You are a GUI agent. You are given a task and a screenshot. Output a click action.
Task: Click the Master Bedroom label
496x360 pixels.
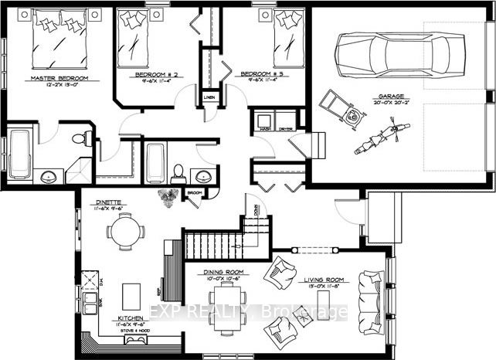click(59, 79)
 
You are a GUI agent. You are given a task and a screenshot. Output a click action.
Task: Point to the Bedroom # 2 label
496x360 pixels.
click(158, 74)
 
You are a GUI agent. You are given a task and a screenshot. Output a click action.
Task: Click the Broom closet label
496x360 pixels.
click(195, 191)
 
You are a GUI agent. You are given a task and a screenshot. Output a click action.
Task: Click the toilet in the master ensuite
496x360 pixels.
click(79, 139)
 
